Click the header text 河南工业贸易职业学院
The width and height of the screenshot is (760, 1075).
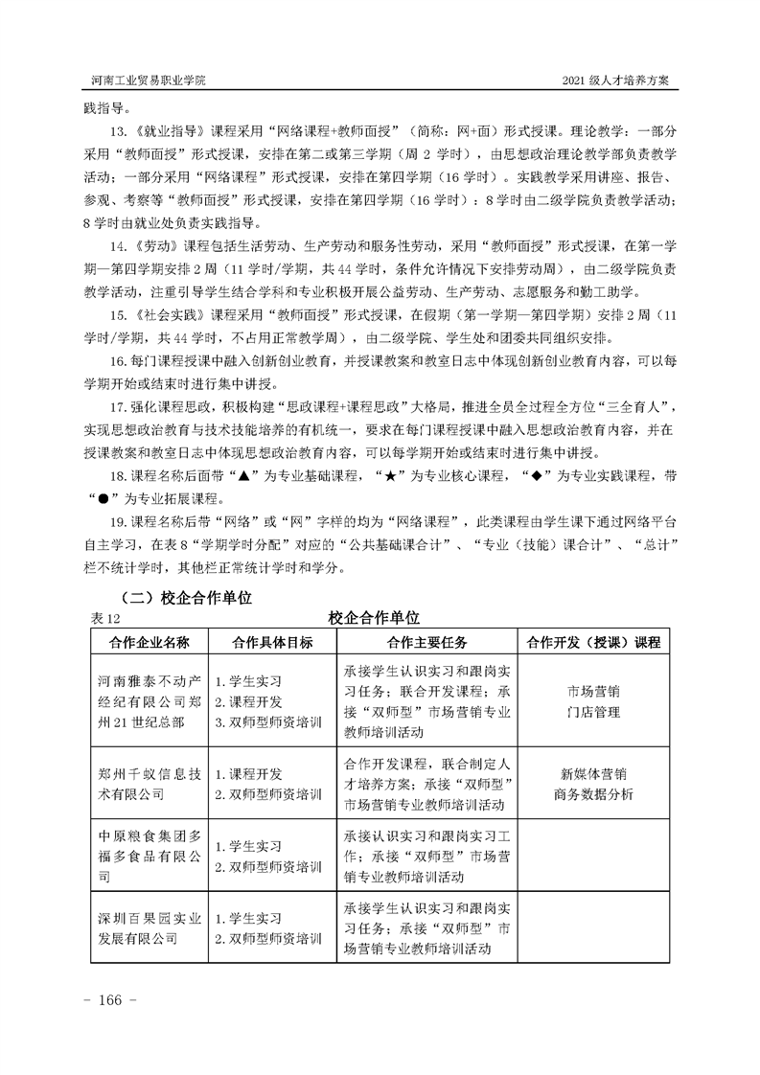click(149, 80)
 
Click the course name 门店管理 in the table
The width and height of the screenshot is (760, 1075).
click(593, 712)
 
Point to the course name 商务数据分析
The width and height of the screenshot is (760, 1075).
click(593, 794)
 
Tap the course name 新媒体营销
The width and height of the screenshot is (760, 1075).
click(593, 773)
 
